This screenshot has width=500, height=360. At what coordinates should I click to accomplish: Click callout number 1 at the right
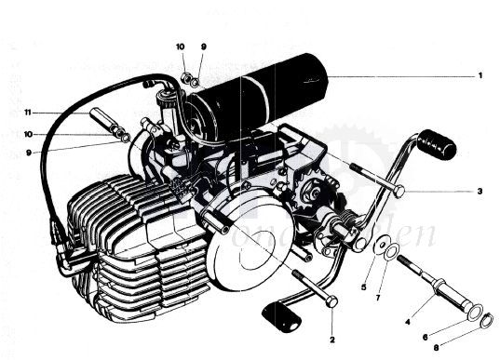[x=480, y=75]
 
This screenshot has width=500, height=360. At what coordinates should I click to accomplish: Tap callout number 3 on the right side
[x=480, y=192]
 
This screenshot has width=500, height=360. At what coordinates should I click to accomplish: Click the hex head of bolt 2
[x=331, y=300]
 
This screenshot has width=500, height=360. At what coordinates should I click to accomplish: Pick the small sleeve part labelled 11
[x=102, y=120]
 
